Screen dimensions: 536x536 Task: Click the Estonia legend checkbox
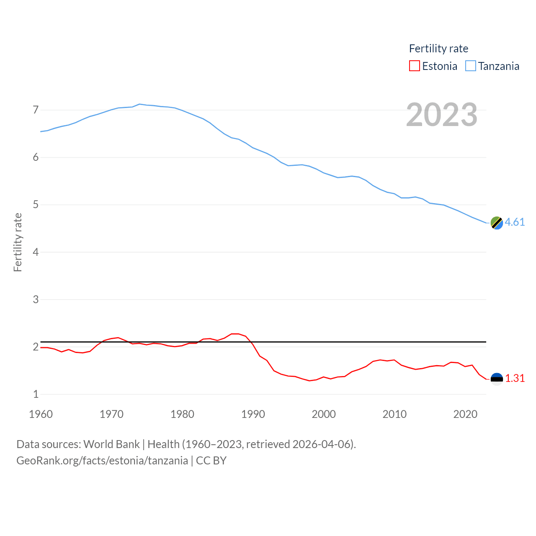(414, 66)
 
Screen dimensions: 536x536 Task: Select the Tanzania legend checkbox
(471, 66)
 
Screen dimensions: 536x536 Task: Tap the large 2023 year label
(442, 115)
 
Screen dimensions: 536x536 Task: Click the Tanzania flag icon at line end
(497, 223)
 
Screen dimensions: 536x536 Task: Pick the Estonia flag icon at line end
(497, 379)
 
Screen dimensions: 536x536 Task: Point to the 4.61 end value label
(515, 222)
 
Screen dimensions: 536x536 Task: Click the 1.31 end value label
(515, 378)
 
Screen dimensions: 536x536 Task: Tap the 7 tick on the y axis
(36, 110)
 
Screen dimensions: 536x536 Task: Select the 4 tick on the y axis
(36, 252)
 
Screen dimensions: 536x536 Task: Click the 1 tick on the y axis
(36, 394)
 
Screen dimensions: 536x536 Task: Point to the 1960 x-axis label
(41, 414)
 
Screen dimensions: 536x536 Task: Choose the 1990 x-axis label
(253, 414)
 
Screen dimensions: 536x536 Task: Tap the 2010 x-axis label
(394, 414)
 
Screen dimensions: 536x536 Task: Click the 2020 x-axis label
(465, 414)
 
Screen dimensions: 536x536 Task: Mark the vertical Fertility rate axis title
(18, 242)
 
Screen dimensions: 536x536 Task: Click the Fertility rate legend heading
(438, 49)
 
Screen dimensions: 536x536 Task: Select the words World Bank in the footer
(111, 444)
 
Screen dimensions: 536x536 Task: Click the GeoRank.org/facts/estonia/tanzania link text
(102, 461)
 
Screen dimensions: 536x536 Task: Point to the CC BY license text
(211, 461)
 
